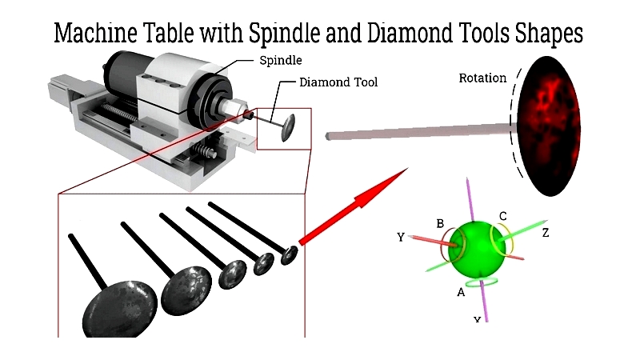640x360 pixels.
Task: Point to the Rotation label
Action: [x=482, y=78]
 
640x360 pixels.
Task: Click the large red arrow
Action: [x=352, y=204]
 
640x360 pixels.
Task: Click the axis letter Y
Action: [x=402, y=238]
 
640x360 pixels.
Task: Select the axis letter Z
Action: [x=544, y=233]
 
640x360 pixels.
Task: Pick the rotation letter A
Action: [x=461, y=292]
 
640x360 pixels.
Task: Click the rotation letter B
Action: [x=439, y=222]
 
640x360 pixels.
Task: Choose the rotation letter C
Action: [x=502, y=216]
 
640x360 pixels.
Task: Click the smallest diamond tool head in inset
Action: [x=289, y=255]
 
